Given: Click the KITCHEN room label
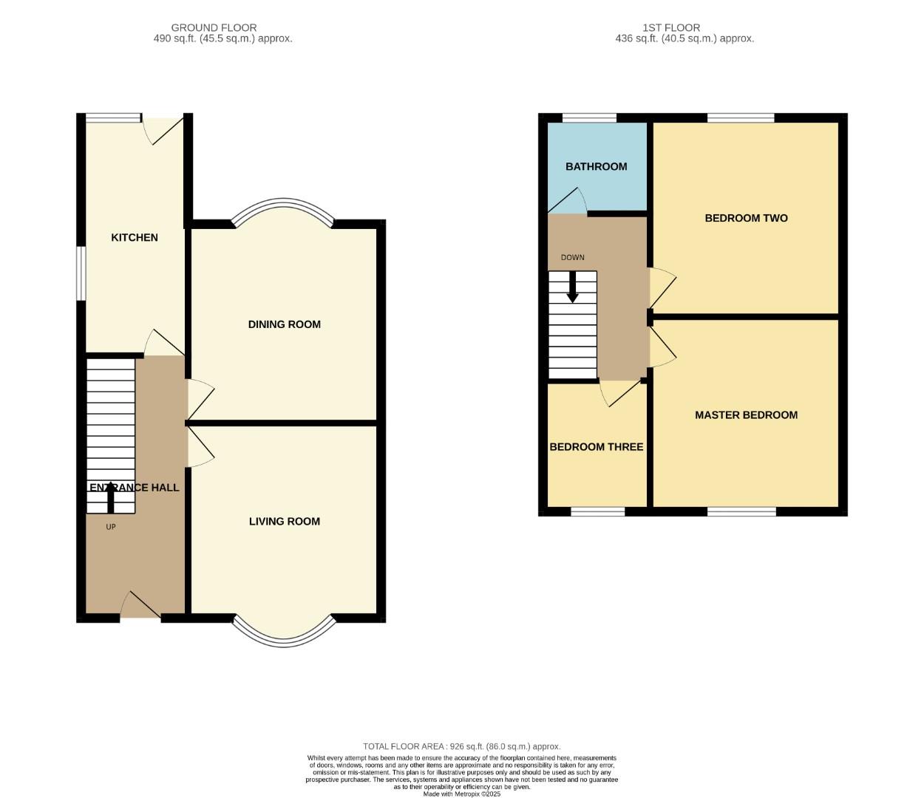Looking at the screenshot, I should pyautogui.click(x=134, y=237).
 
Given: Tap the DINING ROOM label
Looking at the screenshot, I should pyautogui.click(x=284, y=324).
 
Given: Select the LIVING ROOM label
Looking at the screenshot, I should pyautogui.click(x=284, y=522).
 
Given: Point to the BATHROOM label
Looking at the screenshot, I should pyautogui.click(x=596, y=166).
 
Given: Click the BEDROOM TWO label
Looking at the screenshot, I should pyautogui.click(x=746, y=218).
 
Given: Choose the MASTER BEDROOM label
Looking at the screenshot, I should pyautogui.click(x=746, y=415).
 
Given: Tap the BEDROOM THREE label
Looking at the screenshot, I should pyautogui.click(x=596, y=447).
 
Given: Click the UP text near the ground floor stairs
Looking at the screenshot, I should pyautogui.click(x=111, y=527).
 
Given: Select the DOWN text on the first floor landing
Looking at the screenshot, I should pyautogui.click(x=572, y=257).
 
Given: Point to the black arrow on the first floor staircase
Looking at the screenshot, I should pyautogui.click(x=572, y=287).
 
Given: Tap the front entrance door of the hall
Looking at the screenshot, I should pyautogui.click(x=140, y=606).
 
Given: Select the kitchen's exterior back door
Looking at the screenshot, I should pyautogui.click(x=163, y=129).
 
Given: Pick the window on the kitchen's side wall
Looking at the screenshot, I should pyautogui.click(x=81, y=273).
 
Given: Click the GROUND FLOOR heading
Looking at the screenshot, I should pyautogui.click(x=214, y=27).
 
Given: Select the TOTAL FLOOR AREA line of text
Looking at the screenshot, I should pyautogui.click(x=461, y=746).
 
